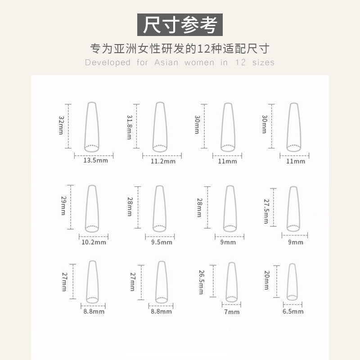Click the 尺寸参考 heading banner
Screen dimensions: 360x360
point(180,25)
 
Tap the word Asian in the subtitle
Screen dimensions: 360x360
point(166,63)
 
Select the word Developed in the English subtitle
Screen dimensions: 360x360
point(108,63)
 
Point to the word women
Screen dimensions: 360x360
point(199,63)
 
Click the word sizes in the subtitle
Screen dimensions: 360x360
point(263,63)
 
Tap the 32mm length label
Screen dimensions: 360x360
point(61,125)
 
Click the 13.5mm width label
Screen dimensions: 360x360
point(95,160)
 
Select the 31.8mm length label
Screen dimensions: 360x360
point(129,127)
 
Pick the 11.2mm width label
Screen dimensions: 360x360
point(163,161)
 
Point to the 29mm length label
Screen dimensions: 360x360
point(63,206)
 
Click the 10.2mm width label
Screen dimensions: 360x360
point(94,242)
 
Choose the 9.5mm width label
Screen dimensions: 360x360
point(162,242)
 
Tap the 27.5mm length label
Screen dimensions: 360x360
point(266,211)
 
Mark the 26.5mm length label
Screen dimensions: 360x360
point(201,282)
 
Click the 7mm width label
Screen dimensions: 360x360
point(232,312)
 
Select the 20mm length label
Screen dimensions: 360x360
point(267,280)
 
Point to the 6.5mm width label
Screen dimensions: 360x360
point(293,311)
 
